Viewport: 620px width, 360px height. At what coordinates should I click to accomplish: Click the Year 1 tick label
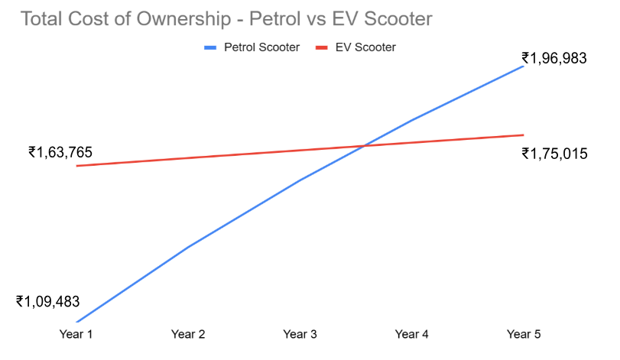76,335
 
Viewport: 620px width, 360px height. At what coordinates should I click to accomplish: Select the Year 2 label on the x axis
188,335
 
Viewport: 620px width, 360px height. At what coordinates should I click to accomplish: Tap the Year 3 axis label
300,335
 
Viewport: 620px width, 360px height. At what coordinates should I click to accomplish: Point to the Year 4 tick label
412,335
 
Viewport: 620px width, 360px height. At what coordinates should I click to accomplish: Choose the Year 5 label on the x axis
524,335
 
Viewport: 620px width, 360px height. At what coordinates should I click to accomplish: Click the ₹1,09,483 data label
47,301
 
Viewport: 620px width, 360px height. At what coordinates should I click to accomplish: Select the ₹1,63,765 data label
60,152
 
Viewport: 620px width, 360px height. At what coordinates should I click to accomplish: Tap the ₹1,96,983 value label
554,58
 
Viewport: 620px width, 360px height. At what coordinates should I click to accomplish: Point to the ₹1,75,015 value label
554,154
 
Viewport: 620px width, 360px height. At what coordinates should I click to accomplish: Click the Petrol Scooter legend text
261,47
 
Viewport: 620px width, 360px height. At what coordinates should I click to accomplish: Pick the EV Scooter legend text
365,47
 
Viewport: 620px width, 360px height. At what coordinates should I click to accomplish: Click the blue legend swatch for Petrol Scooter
212,47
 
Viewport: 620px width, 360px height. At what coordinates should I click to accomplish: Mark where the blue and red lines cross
364,145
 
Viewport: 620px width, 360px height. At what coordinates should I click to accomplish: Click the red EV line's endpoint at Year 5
524,135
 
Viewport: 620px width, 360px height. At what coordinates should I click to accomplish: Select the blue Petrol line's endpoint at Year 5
524,66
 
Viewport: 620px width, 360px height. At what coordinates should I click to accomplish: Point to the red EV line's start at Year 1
76,166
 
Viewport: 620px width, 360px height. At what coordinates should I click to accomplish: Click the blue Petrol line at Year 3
300,180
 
